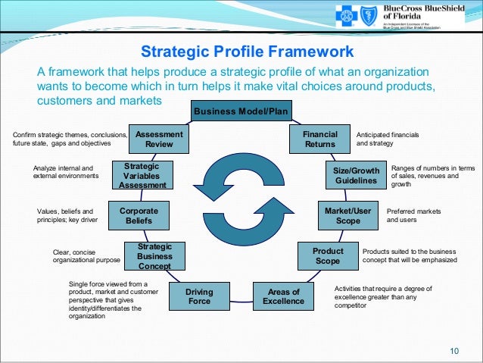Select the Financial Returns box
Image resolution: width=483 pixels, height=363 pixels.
click(320, 139)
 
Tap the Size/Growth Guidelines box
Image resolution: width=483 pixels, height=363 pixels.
click(355, 176)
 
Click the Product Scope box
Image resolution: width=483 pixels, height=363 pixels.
click(328, 255)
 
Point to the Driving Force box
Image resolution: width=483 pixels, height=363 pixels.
click(199, 296)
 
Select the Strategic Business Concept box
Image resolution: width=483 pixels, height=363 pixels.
click(155, 256)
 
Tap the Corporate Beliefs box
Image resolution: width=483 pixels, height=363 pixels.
click(139, 215)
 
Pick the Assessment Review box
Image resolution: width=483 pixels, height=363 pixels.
click(159, 139)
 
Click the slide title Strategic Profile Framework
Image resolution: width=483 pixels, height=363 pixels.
click(248, 52)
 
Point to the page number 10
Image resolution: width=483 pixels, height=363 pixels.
click(454, 349)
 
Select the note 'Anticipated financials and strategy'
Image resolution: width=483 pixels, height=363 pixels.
click(387, 139)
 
